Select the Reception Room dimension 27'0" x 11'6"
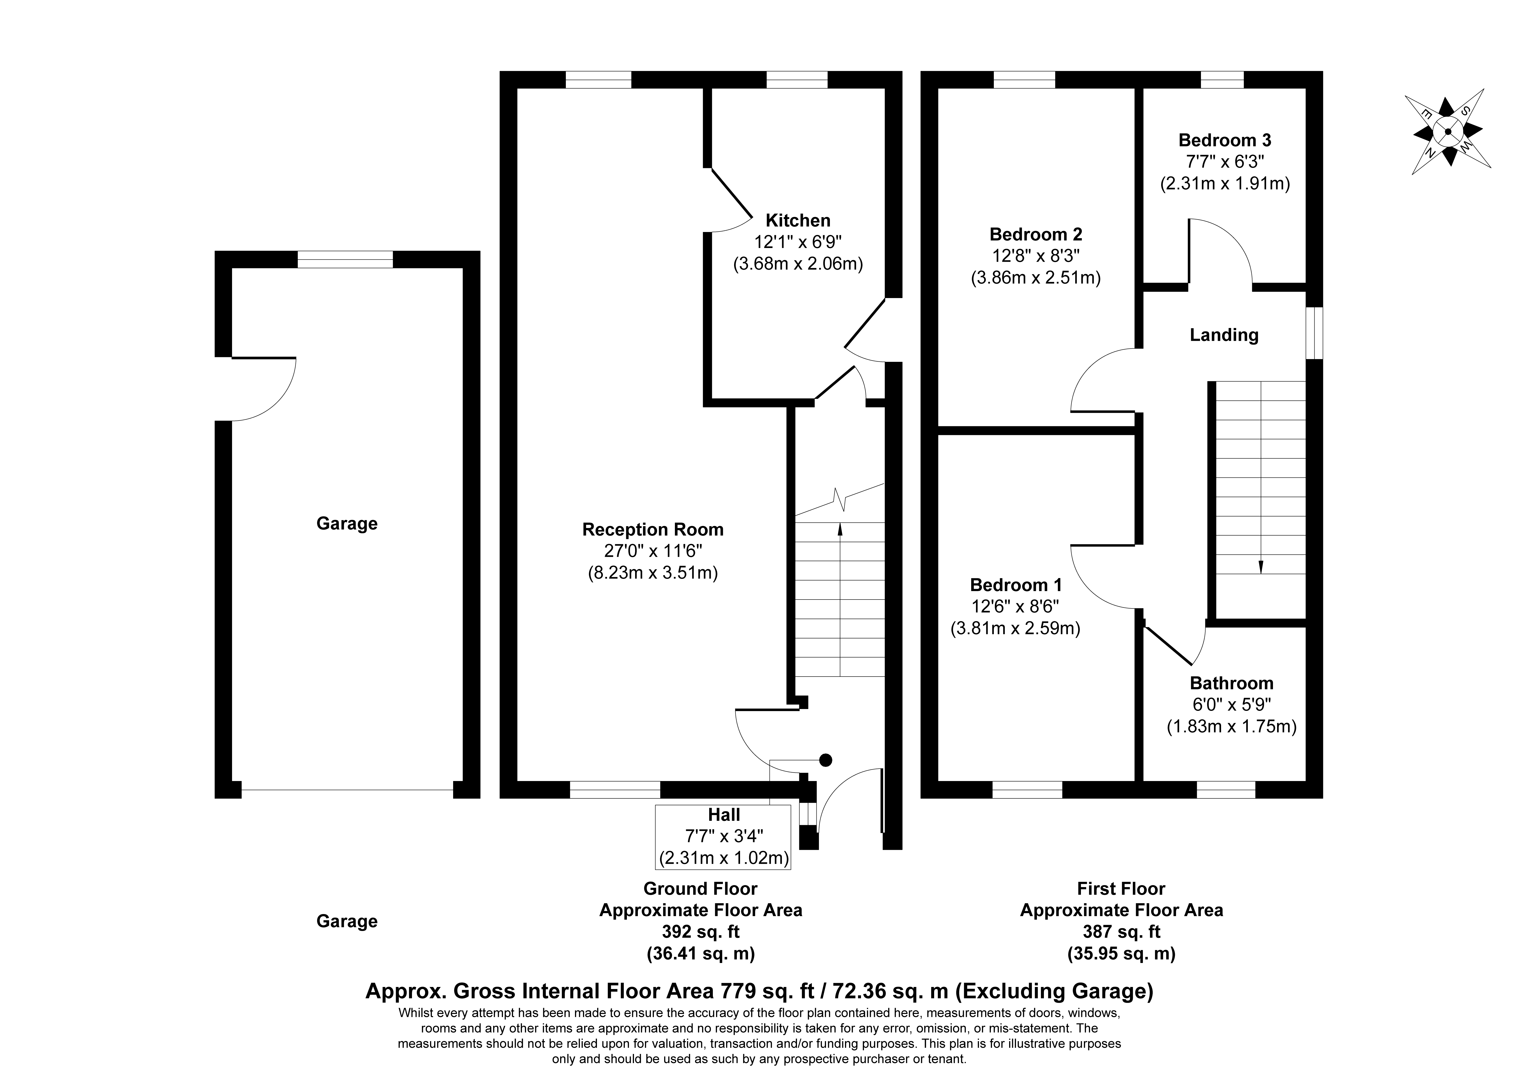click(653, 551)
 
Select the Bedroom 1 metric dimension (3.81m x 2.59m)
click(1015, 629)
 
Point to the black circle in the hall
click(826, 760)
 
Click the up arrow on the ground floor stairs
click(840, 530)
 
